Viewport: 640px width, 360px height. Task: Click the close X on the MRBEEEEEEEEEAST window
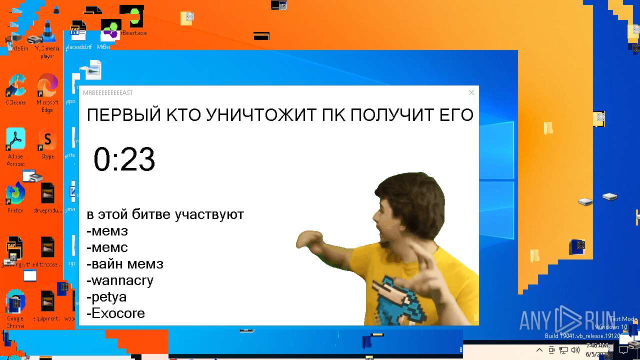click(471, 92)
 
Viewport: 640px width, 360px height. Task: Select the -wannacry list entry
click(120, 280)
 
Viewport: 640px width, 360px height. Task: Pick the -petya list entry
click(106, 297)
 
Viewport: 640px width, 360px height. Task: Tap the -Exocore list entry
click(115, 313)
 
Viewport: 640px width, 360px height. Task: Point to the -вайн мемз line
click(125, 264)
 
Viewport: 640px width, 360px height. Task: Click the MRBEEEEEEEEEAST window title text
click(108, 93)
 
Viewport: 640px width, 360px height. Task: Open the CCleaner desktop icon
click(15, 86)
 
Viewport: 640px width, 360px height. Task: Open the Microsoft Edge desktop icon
click(47, 86)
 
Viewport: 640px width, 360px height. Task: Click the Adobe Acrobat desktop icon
click(15, 140)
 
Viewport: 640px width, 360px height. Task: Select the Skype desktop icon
click(47, 140)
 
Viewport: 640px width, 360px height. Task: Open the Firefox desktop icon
click(15, 193)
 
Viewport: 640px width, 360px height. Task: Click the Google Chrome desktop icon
click(15, 301)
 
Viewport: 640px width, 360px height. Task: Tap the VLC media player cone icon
click(47, 31)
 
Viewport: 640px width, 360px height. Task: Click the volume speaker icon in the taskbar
click(575, 350)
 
